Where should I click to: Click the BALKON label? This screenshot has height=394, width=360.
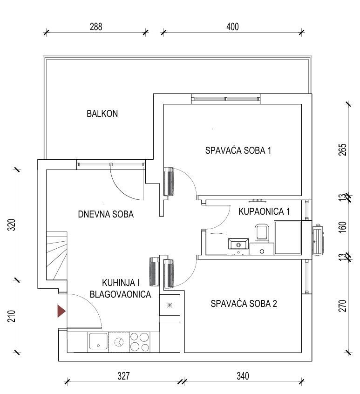102,114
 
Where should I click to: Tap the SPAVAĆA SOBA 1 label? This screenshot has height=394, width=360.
238,150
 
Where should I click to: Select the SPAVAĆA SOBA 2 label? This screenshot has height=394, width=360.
244,304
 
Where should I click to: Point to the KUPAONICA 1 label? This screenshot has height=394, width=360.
264,211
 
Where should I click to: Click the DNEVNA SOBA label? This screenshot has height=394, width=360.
106,214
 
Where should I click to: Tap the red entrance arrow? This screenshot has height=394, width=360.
61,311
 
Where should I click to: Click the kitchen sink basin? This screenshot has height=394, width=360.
98,342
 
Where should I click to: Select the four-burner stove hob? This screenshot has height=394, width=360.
139,342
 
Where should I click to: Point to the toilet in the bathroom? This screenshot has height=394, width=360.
262,232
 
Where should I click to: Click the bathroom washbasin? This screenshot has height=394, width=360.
238,245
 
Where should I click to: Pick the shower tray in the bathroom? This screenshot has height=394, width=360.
287,238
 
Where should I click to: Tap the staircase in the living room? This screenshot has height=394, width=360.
57,256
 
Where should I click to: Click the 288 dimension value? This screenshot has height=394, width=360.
96,27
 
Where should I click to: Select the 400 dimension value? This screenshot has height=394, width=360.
233,27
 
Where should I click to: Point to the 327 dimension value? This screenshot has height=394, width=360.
123,376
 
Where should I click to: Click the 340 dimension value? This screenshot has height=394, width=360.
243,376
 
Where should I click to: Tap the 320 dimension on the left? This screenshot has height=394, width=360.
12,225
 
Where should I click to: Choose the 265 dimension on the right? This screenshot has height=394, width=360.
343,150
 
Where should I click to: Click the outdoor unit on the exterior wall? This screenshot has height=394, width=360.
318,240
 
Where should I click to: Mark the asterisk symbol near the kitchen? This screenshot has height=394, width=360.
170,306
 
